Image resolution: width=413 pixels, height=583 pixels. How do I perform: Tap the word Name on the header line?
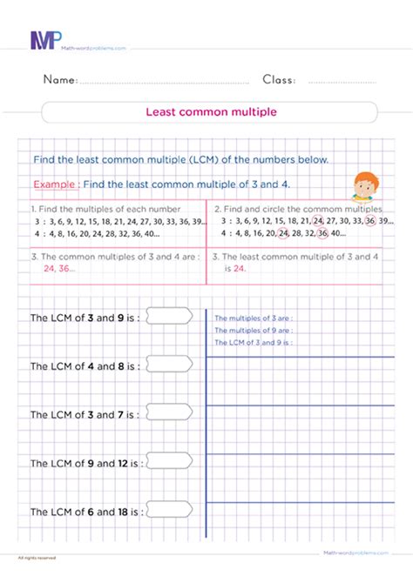(x=60, y=80)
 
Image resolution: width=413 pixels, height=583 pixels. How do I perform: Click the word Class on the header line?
(x=279, y=80)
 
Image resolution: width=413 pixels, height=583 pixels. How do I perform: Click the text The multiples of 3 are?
(x=253, y=318)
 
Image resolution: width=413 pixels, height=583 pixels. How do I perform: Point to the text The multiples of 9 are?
(x=253, y=331)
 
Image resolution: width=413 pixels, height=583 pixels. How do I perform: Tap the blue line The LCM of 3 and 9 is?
(x=253, y=343)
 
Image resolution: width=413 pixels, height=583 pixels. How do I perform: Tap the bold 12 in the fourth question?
(x=125, y=464)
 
